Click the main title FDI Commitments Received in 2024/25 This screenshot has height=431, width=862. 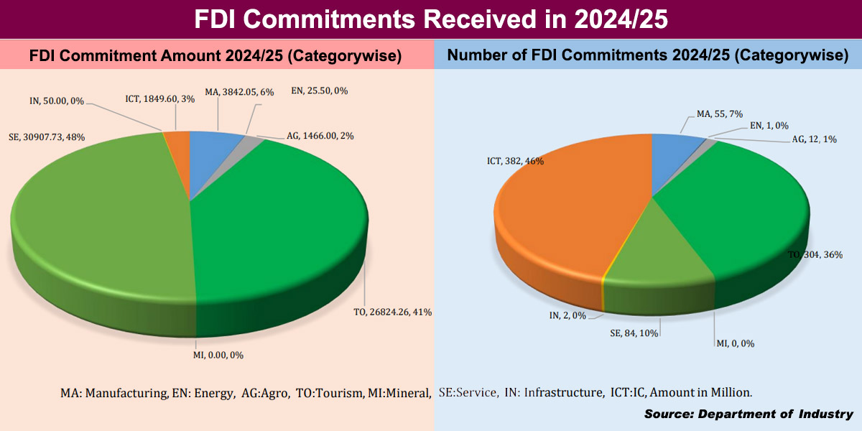[431, 19]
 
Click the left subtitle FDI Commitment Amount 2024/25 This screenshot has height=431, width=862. [215, 55]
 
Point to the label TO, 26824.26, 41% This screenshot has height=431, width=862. [403, 312]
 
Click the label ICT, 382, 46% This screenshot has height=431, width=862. [516, 162]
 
